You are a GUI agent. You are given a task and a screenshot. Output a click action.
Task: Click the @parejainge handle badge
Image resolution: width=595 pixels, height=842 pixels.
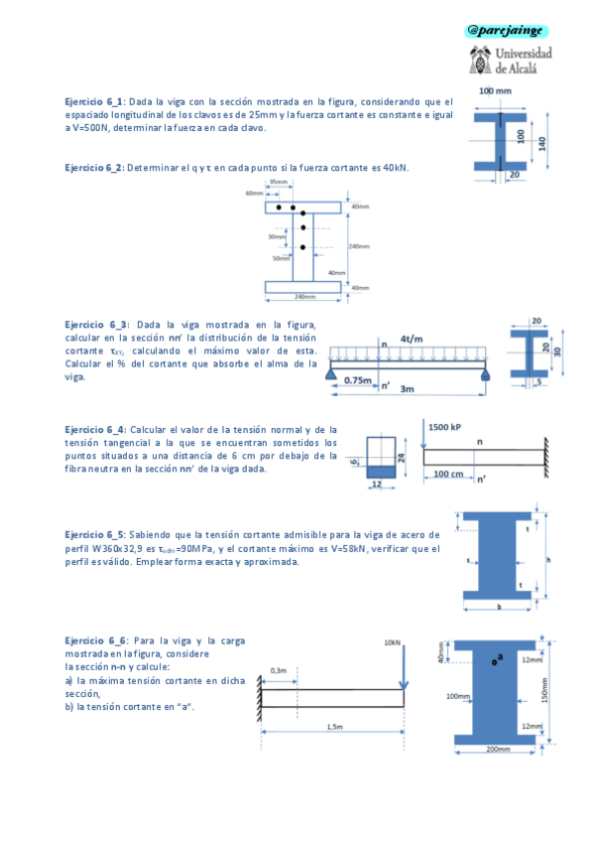[507, 31]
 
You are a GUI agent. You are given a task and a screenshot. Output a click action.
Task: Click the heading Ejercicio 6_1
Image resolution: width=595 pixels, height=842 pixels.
[94, 101]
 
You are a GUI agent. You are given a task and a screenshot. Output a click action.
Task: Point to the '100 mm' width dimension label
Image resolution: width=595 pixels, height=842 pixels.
[495, 91]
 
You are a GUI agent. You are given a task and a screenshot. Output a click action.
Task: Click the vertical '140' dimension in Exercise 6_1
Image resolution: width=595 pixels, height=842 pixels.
[542, 143]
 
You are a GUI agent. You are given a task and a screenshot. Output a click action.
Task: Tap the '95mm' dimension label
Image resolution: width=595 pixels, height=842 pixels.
[280, 183]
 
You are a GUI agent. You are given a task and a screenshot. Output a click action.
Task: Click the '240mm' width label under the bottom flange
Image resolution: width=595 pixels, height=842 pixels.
[304, 297]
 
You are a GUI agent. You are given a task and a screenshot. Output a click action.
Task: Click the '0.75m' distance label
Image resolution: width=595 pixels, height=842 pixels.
[358, 380]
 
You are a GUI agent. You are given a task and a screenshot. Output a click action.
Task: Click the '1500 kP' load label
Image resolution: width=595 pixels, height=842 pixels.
[446, 427]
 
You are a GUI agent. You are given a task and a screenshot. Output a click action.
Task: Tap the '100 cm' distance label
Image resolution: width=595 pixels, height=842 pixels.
[448, 475]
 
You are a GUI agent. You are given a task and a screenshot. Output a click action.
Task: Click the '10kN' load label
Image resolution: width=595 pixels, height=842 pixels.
[392, 643]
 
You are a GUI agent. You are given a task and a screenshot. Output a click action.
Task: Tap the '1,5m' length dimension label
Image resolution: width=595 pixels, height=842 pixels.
[334, 727]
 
